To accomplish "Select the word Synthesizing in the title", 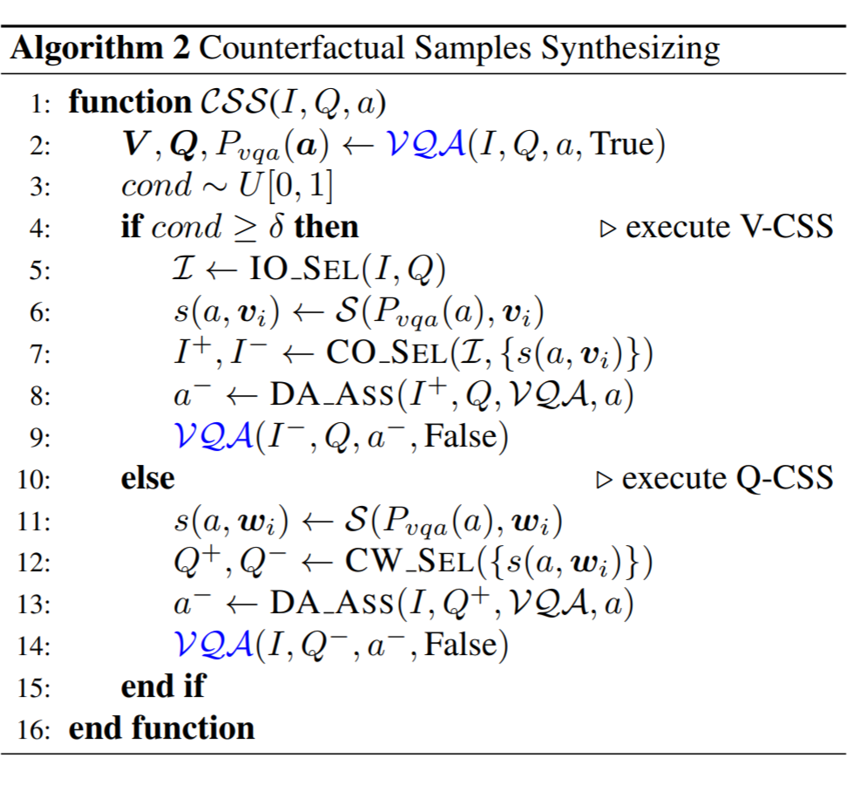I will pos(631,47).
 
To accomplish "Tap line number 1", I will pos(40,104).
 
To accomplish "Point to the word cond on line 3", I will pos(156,186).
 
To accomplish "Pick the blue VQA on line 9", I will pos(212,436).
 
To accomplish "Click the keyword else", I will pos(147,478).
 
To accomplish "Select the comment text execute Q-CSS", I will pos(727,478).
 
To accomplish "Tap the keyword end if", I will pos(163,686).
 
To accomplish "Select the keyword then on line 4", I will pos(327,228).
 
